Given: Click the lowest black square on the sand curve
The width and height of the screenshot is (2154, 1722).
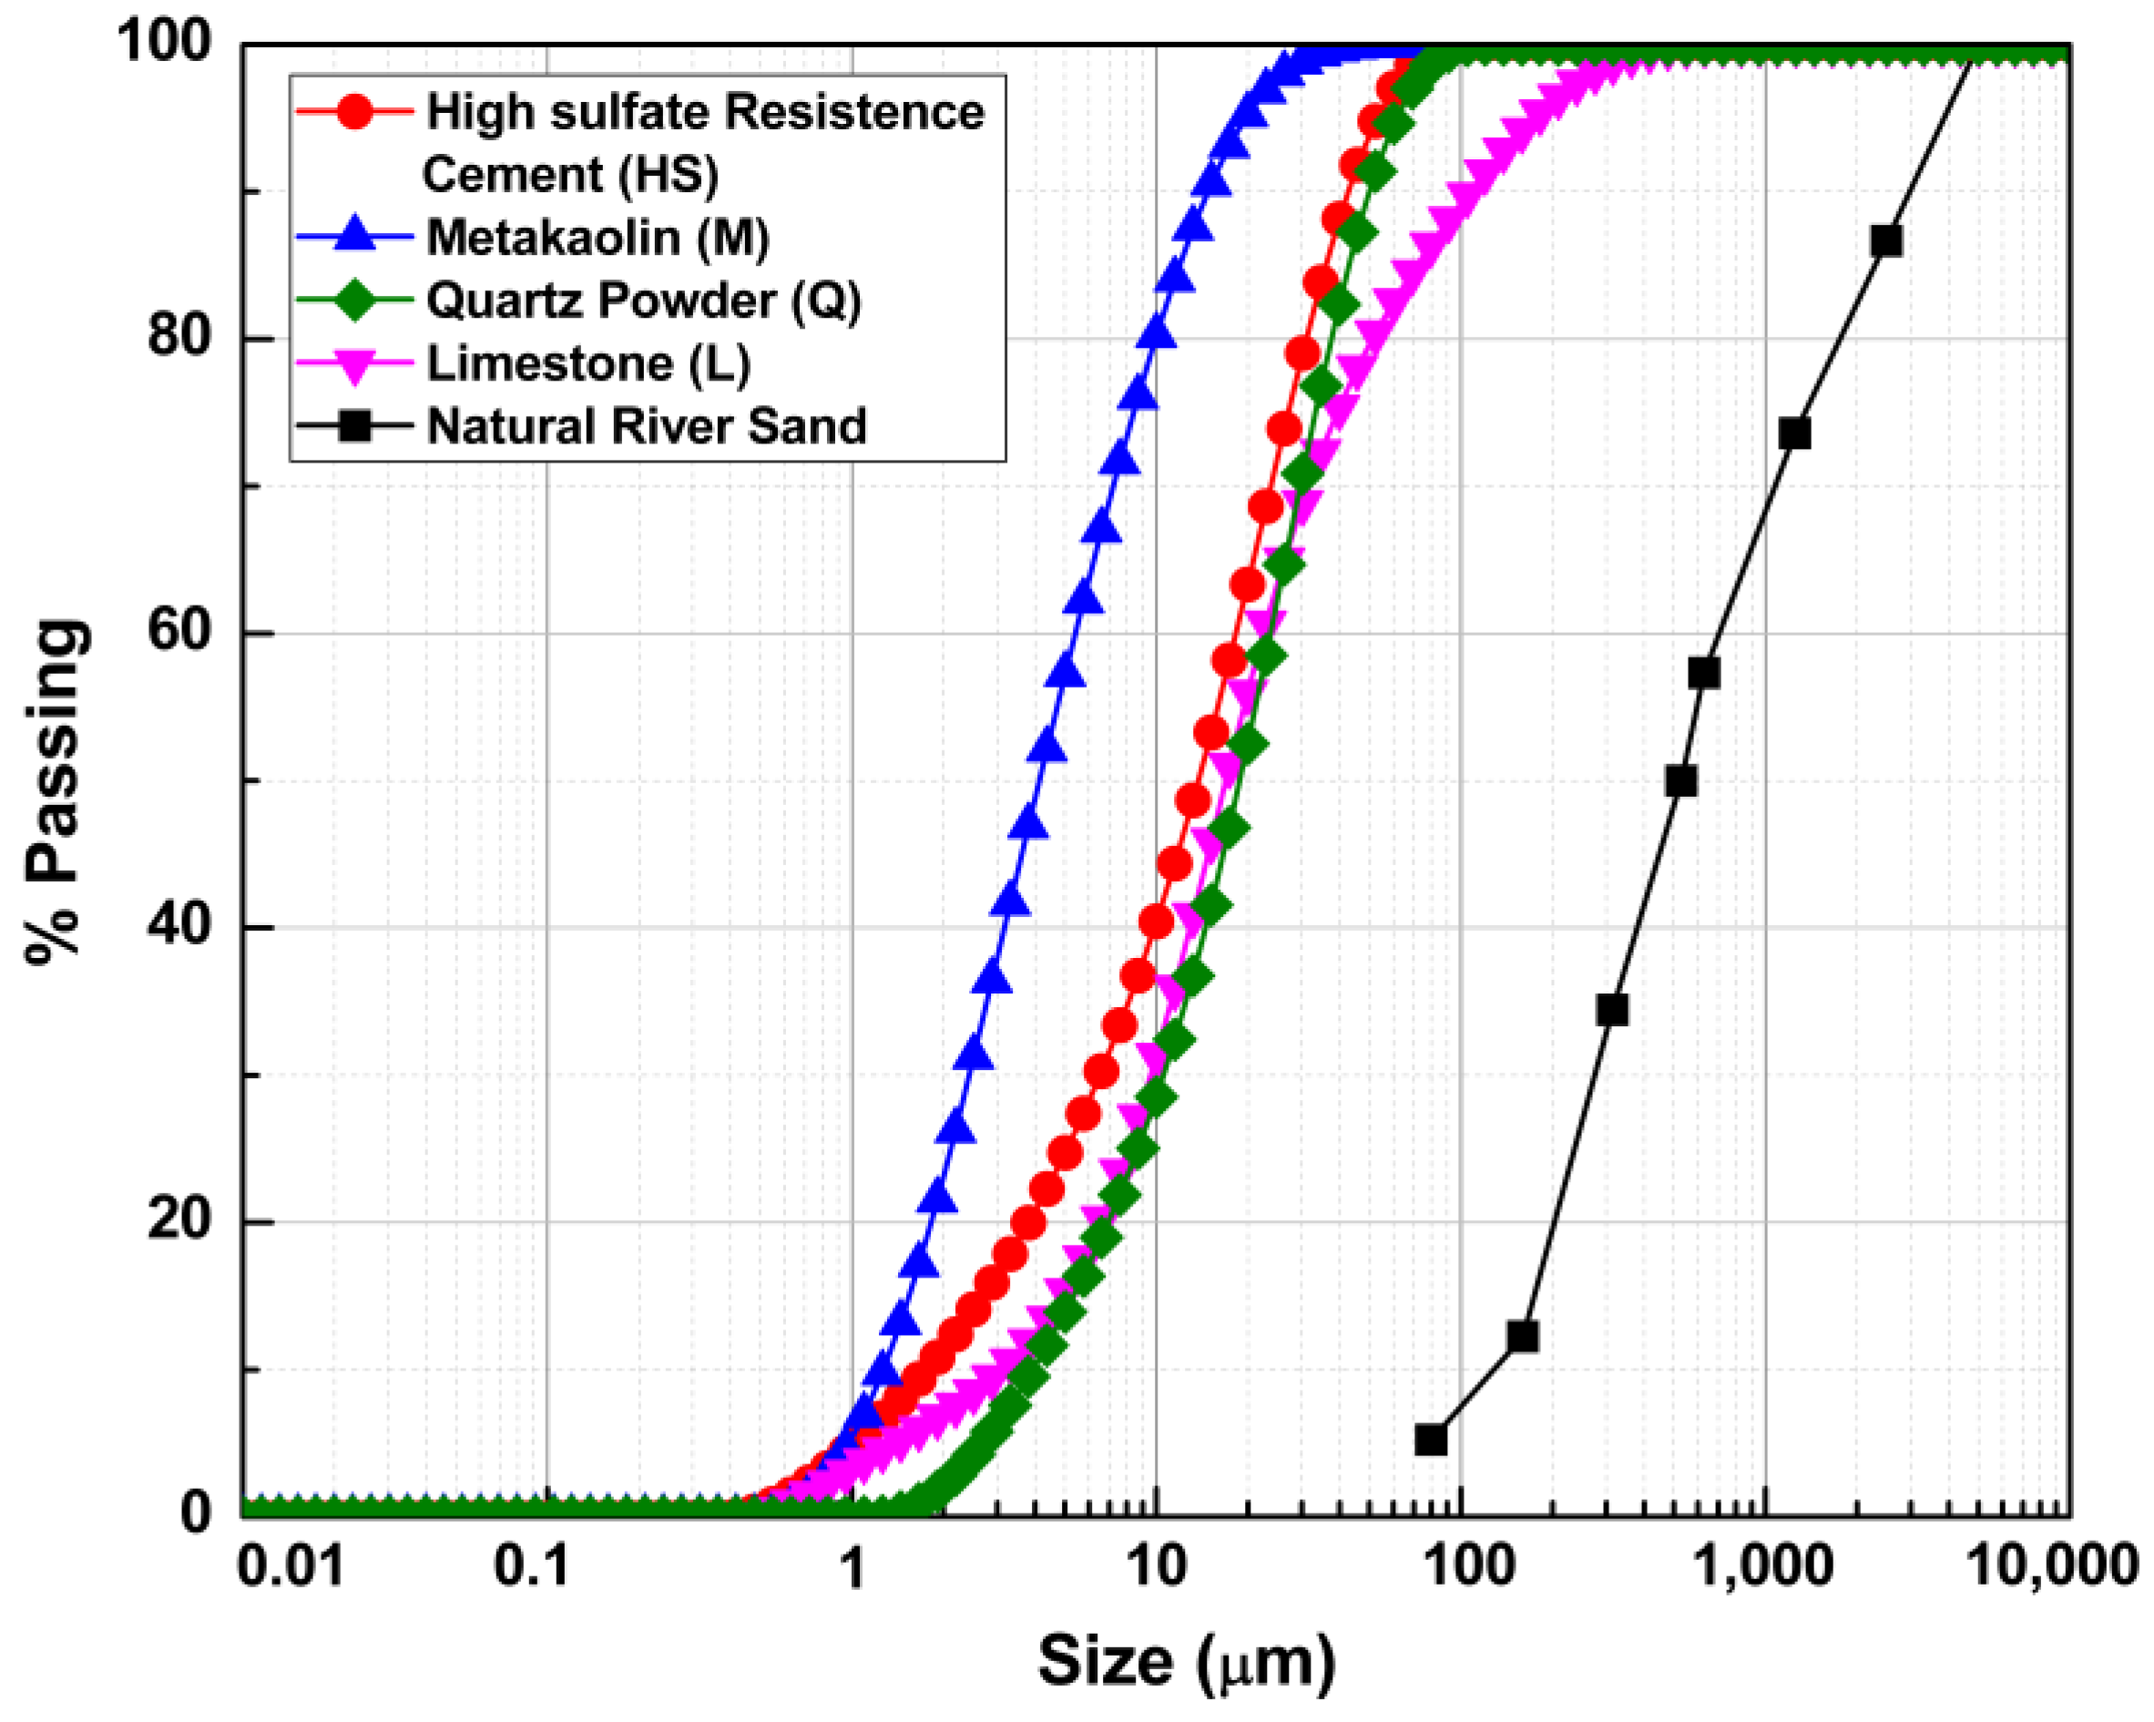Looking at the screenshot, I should tap(1431, 1441).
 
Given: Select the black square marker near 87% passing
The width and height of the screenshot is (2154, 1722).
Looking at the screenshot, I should tap(1886, 241).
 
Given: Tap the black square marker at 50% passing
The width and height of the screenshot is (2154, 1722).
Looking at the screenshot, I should tap(1681, 781).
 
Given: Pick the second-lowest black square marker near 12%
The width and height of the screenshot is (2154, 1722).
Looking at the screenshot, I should tap(1523, 1337).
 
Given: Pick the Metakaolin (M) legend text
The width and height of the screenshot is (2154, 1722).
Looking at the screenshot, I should tap(597, 238).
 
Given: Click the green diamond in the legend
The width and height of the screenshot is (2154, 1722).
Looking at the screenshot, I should tap(354, 300).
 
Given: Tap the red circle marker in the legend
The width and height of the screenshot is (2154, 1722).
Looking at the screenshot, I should tap(354, 111).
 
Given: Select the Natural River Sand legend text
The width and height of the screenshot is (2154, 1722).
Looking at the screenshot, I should tap(647, 426).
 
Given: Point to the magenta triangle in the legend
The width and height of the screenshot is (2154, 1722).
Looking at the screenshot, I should tap(354, 364).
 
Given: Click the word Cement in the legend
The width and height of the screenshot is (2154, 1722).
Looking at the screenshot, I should tap(512, 175).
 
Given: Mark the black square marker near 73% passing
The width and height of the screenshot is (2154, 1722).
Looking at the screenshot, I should tap(1795, 434).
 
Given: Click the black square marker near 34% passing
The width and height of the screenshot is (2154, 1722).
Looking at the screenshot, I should tap(1611, 1011).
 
